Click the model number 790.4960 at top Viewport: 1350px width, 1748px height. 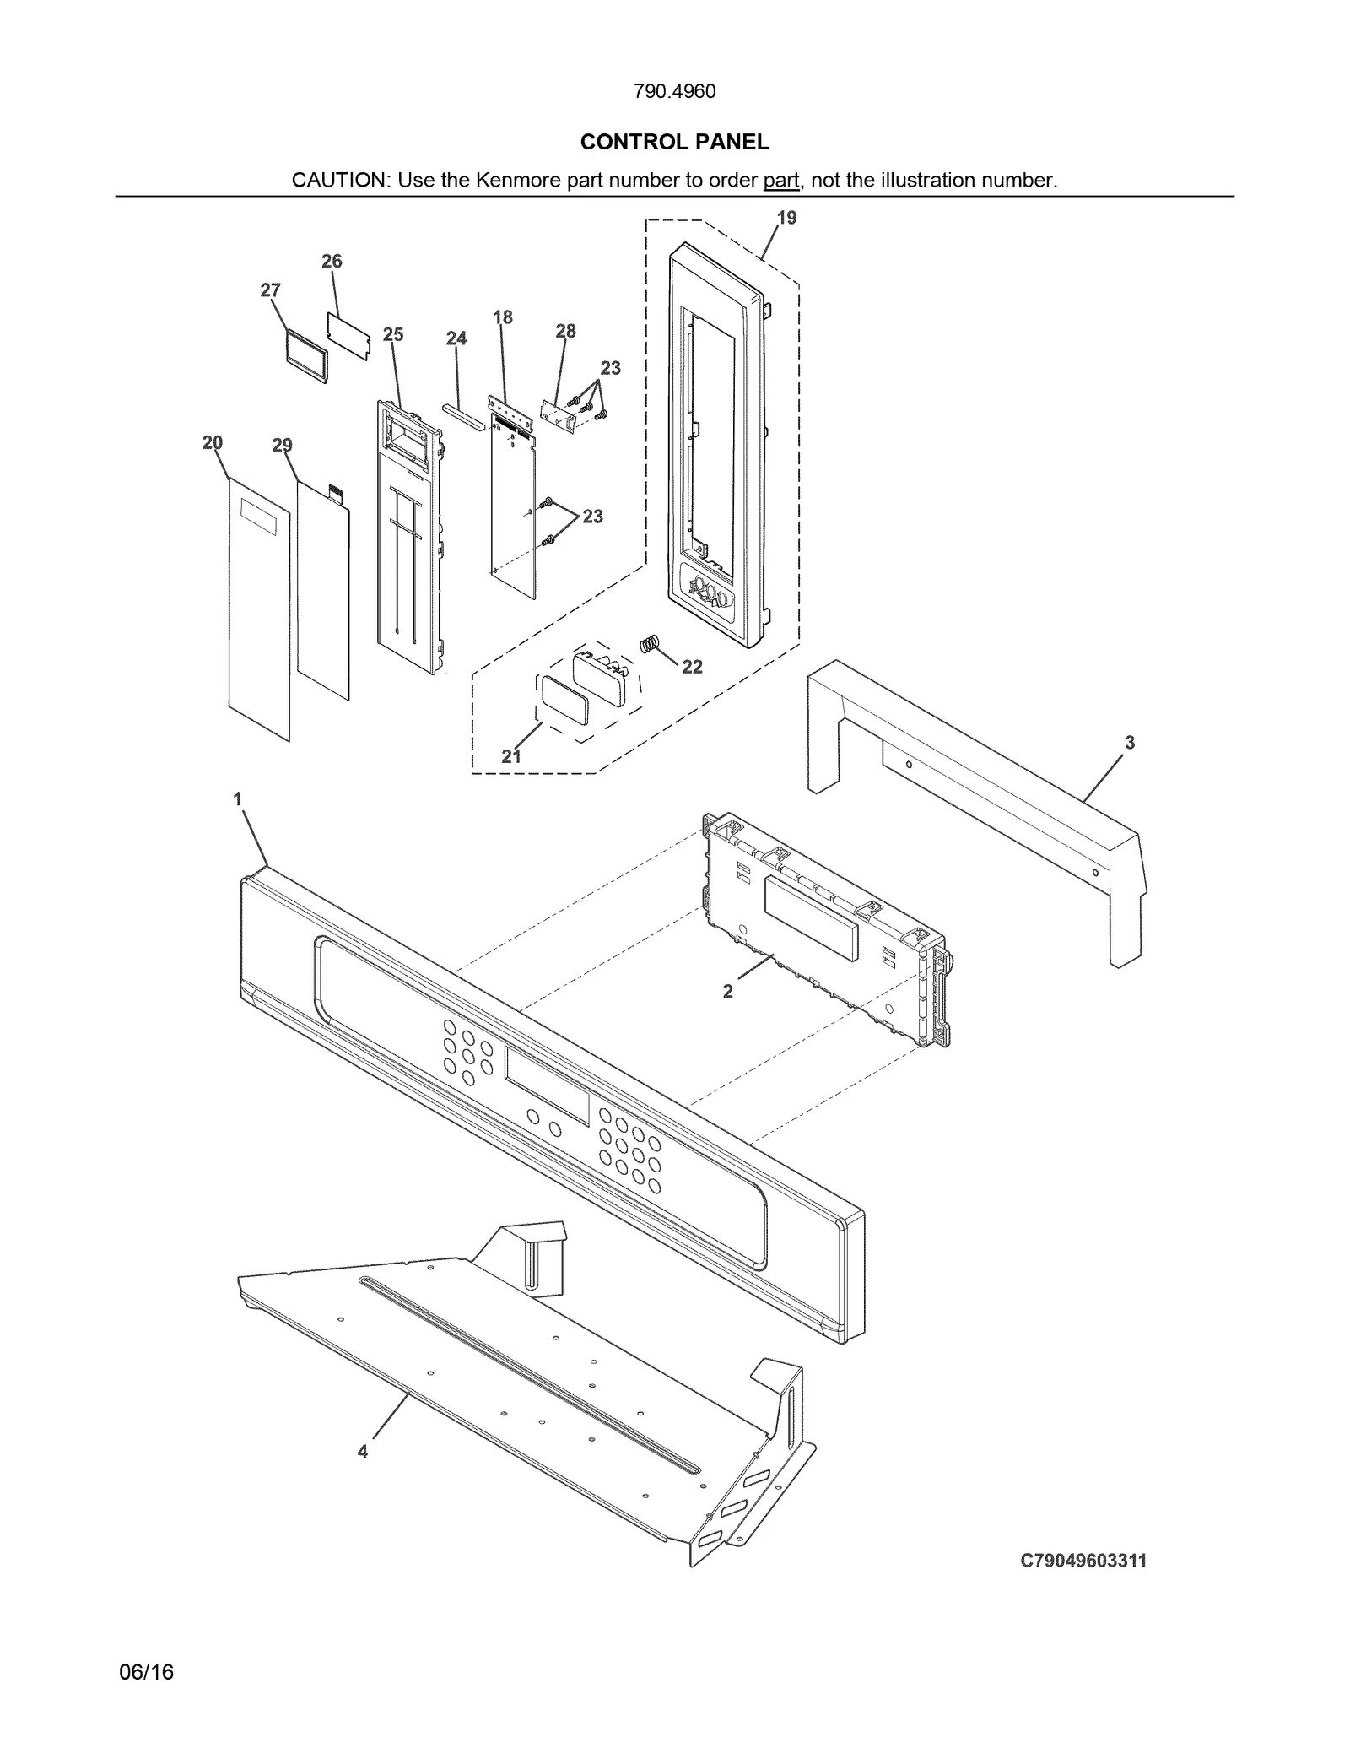(x=674, y=91)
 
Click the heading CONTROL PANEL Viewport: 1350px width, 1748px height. (x=674, y=142)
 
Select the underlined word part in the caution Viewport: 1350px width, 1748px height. (x=780, y=181)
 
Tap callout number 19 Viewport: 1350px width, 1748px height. (x=786, y=218)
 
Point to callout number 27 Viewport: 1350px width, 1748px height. (x=270, y=290)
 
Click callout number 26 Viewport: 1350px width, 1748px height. (x=332, y=262)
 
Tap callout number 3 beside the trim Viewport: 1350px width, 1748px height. (x=1129, y=743)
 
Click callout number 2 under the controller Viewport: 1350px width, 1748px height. (x=728, y=992)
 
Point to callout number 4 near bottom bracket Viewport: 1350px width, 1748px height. (x=362, y=1452)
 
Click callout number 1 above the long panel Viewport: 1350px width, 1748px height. (x=238, y=798)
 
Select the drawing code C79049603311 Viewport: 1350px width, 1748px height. (x=1083, y=1561)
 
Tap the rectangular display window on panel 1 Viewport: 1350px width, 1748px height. (x=547, y=1086)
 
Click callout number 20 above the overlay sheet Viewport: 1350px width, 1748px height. (x=213, y=442)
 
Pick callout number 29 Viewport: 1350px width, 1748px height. (x=282, y=445)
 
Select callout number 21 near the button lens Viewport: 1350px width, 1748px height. (x=511, y=756)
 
